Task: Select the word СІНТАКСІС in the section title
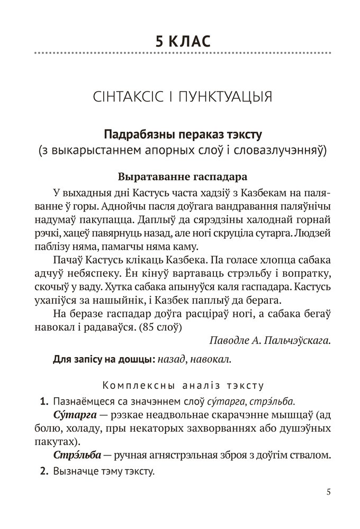(129, 98)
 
